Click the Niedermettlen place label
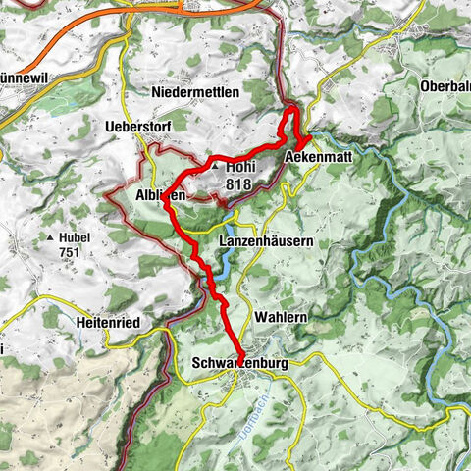tap(200, 91)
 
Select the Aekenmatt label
tap(317, 157)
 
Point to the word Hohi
tap(241, 168)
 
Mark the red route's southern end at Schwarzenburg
tap(242, 346)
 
